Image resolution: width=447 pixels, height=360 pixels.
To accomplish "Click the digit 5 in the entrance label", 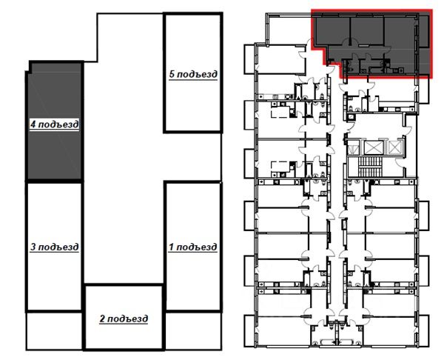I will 172,74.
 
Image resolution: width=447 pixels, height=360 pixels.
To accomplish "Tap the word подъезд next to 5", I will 196,74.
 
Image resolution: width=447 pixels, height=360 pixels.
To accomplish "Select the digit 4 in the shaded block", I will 33,124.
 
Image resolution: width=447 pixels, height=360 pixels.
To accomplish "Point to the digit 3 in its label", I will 33,247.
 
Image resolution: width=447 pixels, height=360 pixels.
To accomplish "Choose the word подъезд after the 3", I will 58,247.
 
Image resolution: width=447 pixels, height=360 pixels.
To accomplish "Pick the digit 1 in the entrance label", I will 171,247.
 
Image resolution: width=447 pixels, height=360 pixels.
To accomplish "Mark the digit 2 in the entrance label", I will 102,319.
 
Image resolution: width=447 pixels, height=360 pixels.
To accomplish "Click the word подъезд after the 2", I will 127,319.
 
